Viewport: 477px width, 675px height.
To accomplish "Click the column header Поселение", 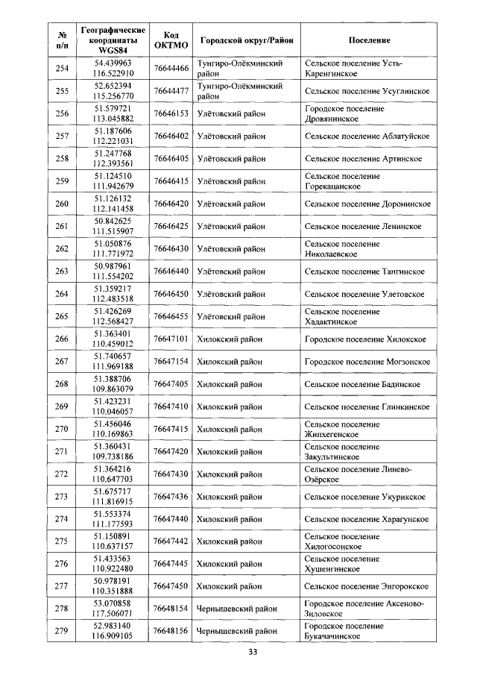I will click(x=369, y=40).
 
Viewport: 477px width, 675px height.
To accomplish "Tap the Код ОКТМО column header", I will click(x=170, y=40).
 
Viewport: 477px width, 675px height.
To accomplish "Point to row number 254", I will click(x=62, y=69).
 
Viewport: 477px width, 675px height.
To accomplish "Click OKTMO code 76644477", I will click(x=170, y=91).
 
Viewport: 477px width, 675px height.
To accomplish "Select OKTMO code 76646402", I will click(x=170, y=136).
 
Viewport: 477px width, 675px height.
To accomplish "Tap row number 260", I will click(x=62, y=204).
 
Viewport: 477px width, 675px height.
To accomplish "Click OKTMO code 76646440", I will click(x=170, y=271).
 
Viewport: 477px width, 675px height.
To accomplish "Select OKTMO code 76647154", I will click(x=170, y=362).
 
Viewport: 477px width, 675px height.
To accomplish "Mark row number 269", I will click(x=62, y=406).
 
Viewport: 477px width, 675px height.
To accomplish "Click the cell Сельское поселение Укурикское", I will click(x=365, y=497).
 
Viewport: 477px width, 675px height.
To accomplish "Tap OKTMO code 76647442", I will click(x=170, y=541).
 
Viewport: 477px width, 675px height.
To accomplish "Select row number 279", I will click(x=62, y=632).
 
